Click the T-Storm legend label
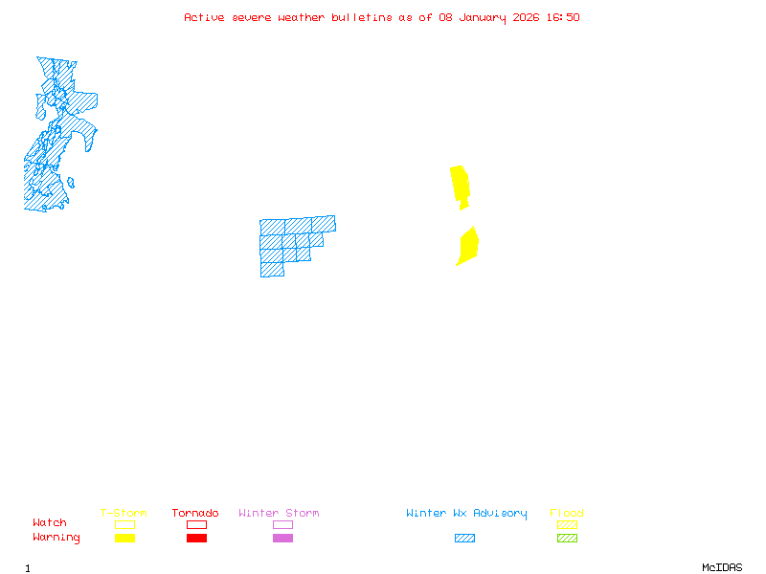point(124,514)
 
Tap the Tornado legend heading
point(195,514)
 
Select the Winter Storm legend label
point(279,514)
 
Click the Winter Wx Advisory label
point(466,514)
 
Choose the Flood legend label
point(567,514)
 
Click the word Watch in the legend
point(50,523)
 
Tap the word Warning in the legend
point(56,538)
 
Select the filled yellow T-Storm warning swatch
point(124,539)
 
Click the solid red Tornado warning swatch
point(196,539)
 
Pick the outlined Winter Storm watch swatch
point(282,524)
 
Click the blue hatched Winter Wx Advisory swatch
point(464,539)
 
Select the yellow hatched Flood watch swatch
point(567,524)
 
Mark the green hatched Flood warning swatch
point(567,539)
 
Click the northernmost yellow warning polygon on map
point(461,184)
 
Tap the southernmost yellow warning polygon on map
point(467,246)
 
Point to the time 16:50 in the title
point(564,17)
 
